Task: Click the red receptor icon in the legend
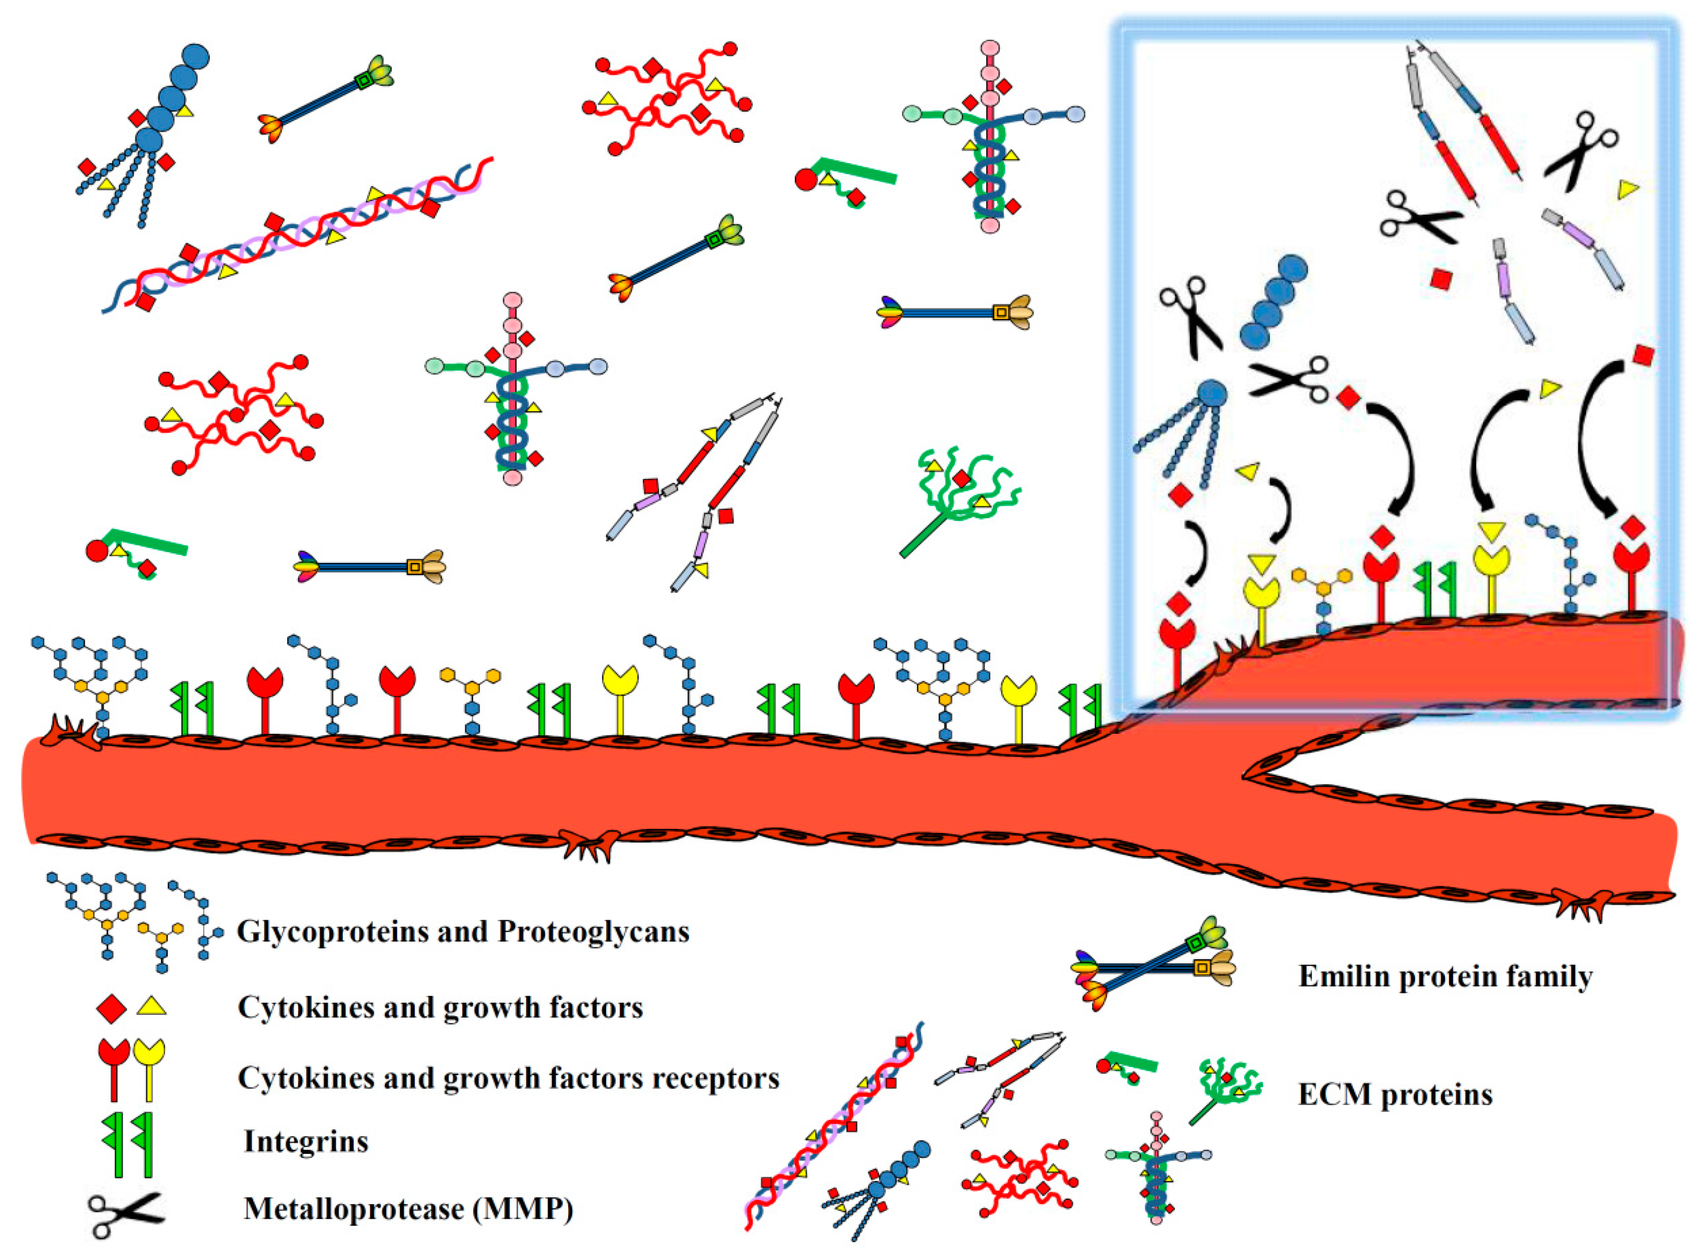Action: tap(114, 1069)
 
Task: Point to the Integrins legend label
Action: tap(306, 1142)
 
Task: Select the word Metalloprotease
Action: tap(353, 1209)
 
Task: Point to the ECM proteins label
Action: tap(1395, 1094)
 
